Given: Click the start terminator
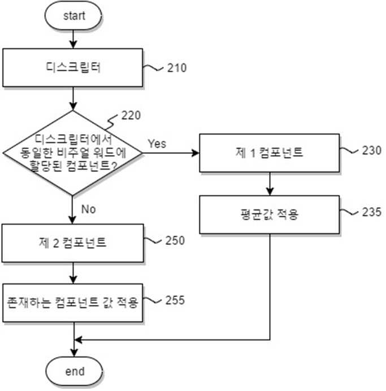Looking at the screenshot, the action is click(x=73, y=15).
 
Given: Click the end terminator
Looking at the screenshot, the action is click(x=74, y=371).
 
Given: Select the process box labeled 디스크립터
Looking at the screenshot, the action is click(x=73, y=68).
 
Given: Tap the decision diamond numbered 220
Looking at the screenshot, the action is click(x=72, y=153).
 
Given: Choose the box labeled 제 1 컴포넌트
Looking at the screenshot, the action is click(x=270, y=153).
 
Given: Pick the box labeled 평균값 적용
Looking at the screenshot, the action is click(x=270, y=214).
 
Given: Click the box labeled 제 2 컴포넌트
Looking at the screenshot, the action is click(x=73, y=243).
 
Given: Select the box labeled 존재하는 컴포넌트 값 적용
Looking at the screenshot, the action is click(x=73, y=303).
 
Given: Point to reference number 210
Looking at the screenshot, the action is click(x=177, y=68).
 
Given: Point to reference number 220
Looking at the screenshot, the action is click(x=131, y=115).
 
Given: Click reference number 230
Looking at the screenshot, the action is click(x=371, y=151).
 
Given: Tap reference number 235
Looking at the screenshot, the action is click(x=371, y=212).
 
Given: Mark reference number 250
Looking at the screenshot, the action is click(x=175, y=240).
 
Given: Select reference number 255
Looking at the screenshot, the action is click(x=175, y=300).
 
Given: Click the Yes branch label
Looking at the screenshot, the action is click(x=157, y=144).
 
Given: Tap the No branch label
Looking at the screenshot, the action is click(x=88, y=209).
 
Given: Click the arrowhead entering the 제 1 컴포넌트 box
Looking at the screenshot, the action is click(x=196, y=153).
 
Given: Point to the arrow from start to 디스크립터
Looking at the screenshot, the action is click(x=73, y=39).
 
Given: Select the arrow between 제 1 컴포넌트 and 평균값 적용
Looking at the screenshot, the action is click(x=270, y=184).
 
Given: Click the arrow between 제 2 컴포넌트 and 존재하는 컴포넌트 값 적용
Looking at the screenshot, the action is click(x=73, y=273).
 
